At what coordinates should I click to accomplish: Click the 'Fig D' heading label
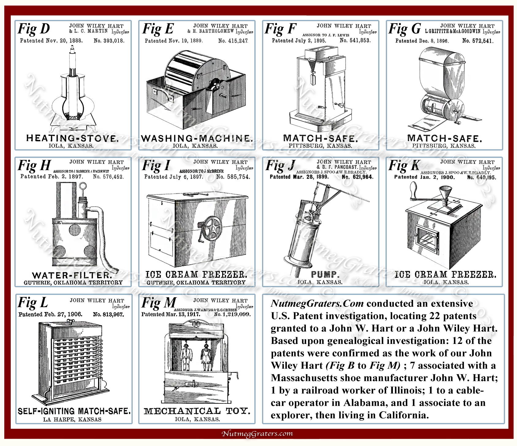click(x=34, y=29)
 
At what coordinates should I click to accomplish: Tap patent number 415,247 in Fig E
click(x=233, y=41)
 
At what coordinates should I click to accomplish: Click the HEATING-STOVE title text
click(x=72, y=138)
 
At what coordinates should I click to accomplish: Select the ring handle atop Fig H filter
click(x=83, y=186)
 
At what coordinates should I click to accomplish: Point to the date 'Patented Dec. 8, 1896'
click(x=422, y=41)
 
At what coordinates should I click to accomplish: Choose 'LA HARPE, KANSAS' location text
click(x=72, y=419)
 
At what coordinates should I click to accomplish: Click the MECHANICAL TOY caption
click(x=197, y=411)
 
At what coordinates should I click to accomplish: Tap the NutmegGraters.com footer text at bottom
click(x=257, y=433)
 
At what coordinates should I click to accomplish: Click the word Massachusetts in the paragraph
click(x=309, y=378)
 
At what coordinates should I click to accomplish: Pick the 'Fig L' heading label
click(x=33, y=303)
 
